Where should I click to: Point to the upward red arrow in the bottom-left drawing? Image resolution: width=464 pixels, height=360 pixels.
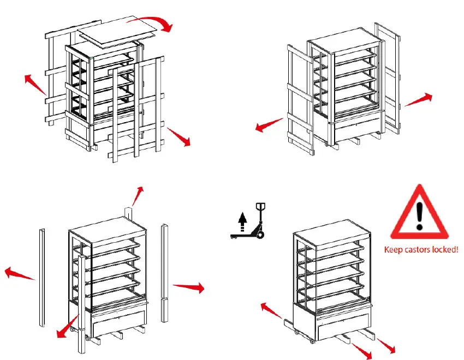pyautogui.click(x=138, y=195)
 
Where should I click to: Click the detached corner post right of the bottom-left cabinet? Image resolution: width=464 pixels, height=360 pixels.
pyautogui.click(x=164, y=273)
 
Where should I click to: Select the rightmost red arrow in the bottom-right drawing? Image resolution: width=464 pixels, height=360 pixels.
pyautogui.click(x=386, y=346)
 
